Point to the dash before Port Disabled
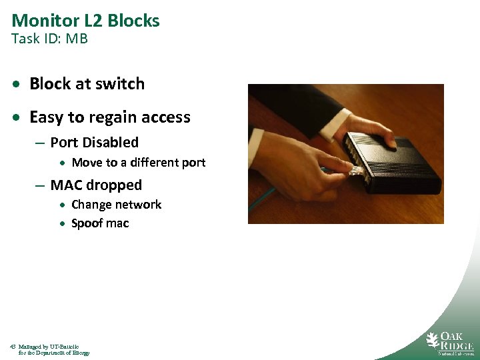tap(41, 143)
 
